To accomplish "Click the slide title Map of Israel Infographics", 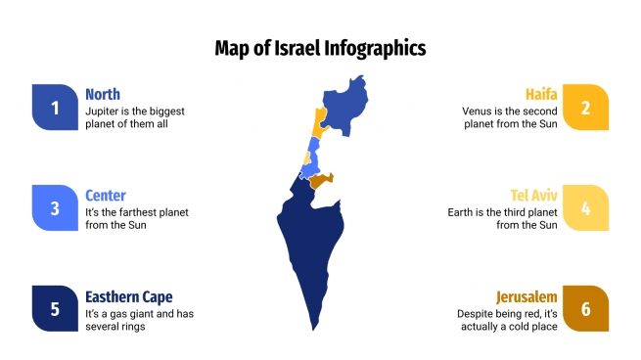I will [320, 47].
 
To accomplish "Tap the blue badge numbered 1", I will [55, 108].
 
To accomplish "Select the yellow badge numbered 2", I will [585, 108].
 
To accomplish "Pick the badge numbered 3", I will [55, 207].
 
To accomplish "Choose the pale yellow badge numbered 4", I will [585, 207].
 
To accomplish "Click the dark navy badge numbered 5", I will [55, 308].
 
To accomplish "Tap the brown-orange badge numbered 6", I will [585, 308].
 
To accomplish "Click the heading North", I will [103, 94].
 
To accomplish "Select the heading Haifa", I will [541, 94].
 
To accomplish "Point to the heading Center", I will [106, 196].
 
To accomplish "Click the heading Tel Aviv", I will [533, 196].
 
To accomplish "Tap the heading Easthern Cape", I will [128, 296].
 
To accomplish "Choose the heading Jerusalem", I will [527, 296].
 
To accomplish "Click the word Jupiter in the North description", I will [103, 112].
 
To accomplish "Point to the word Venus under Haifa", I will [479, 112].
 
